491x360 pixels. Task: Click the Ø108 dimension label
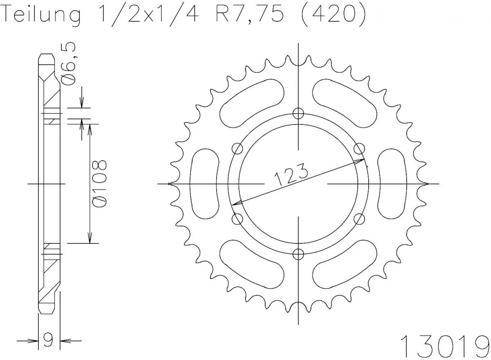point(100,184)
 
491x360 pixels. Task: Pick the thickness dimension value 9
point(49,340)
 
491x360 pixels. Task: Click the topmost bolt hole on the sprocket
point(299,113)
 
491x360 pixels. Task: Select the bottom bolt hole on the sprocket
point(299,254)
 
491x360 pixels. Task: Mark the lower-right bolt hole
point(360,219)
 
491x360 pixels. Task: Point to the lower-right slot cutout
point(346,265)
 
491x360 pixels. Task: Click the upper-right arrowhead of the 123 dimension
point(362,160)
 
